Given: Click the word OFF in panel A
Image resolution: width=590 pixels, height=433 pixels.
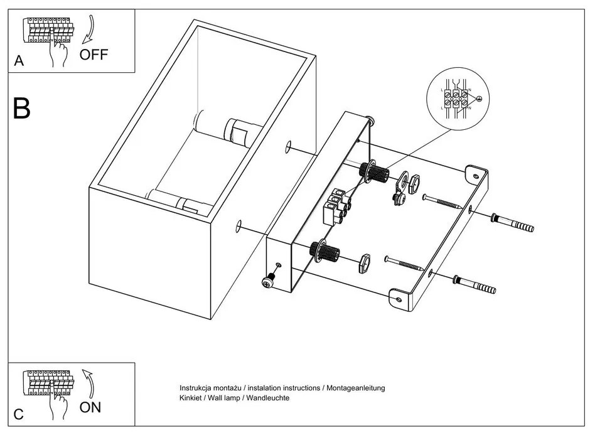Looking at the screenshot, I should pyautogui.click(x=94, y=54).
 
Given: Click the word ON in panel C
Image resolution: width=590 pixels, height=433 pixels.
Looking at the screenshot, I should pyautogui.click(x=90, y=407).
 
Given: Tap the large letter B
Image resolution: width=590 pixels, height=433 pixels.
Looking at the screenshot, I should pyautogui.click(x=21, y=109).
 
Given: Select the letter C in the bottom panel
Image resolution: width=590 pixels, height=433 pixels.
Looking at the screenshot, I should pyautogui.click(x=19, y=414).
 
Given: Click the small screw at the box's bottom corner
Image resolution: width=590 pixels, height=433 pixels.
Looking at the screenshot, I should pyautogui.click(x=269, y=281).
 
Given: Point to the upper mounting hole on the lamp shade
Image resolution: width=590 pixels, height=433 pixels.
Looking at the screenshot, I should pyautogui.click(x=288, y=146).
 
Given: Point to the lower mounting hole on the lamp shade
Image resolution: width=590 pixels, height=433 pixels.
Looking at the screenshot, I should pyautogui.click(x=239, y=225).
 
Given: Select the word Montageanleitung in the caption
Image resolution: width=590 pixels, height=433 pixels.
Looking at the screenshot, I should pyautogui.click(x=355, y=388).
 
